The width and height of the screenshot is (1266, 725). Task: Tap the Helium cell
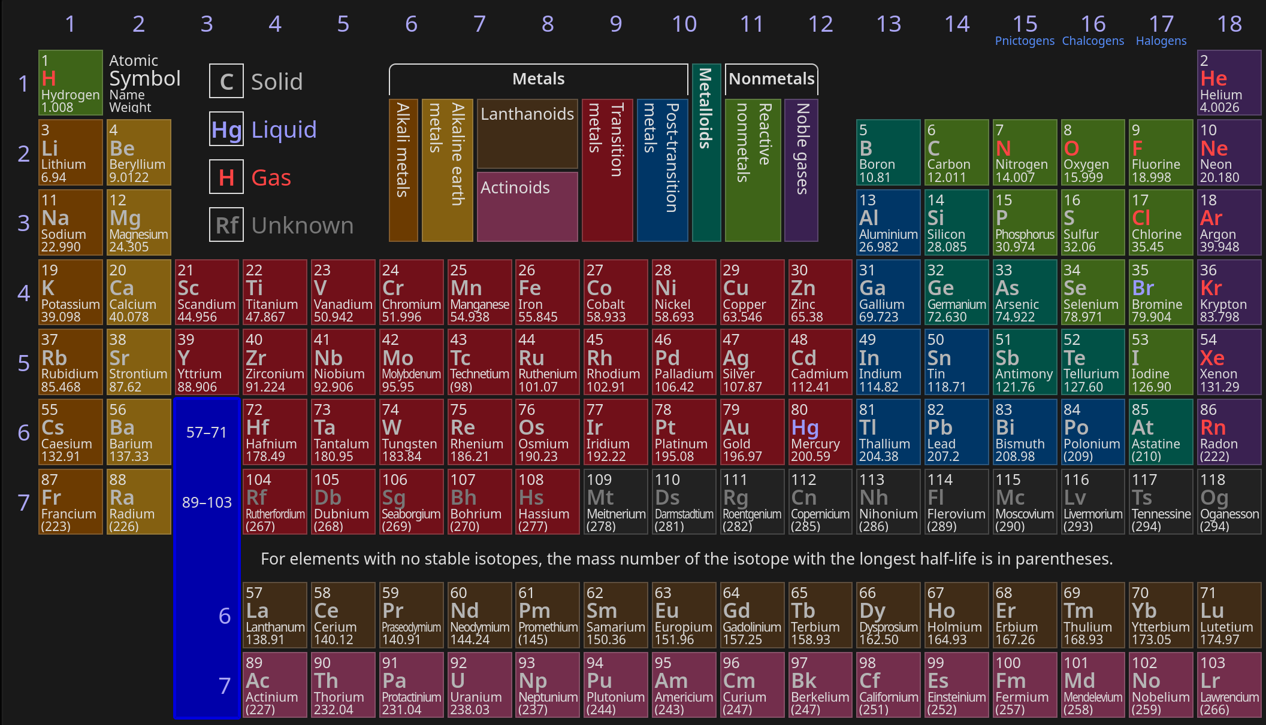click(1229, 83)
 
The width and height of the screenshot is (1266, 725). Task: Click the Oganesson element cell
click(1229, 502)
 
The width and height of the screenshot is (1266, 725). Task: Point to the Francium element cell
click(70, 502)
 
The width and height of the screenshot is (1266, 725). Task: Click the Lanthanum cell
click(274, 615)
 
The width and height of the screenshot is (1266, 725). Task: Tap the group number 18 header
click(1229, 24)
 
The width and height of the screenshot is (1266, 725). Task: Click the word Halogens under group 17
click(1161, 41)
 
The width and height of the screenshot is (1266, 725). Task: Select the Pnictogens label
click(1025, 41)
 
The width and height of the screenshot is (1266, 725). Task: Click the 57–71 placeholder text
click(207, 432)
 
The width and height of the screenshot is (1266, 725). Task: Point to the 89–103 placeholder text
click(207, 502)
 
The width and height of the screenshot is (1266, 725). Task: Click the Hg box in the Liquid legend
click(226, 129)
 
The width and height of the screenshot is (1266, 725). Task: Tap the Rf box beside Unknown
click(226, 225)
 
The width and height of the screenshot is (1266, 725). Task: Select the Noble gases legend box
click(801, 170)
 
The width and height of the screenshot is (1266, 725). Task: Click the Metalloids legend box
click(706, 152)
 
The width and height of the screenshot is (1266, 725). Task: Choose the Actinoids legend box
click(527, 206)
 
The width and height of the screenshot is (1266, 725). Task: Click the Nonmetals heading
click(771, 79)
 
